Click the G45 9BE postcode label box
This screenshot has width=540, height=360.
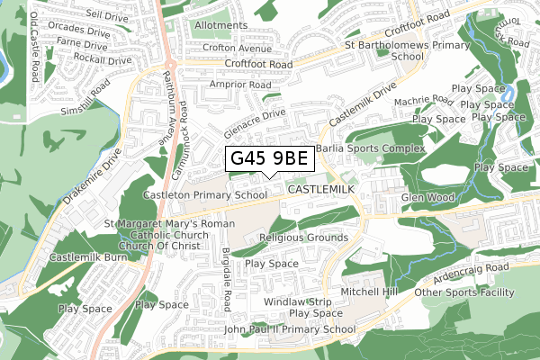269,158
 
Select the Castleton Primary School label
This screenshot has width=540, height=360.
205,194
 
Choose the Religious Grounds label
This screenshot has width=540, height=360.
302,238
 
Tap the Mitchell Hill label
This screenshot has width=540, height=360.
369,292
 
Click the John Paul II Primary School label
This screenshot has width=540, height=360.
290,329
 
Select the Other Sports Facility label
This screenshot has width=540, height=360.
464,292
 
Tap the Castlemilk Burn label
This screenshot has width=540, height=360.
89,258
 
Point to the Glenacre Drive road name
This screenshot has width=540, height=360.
256,121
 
